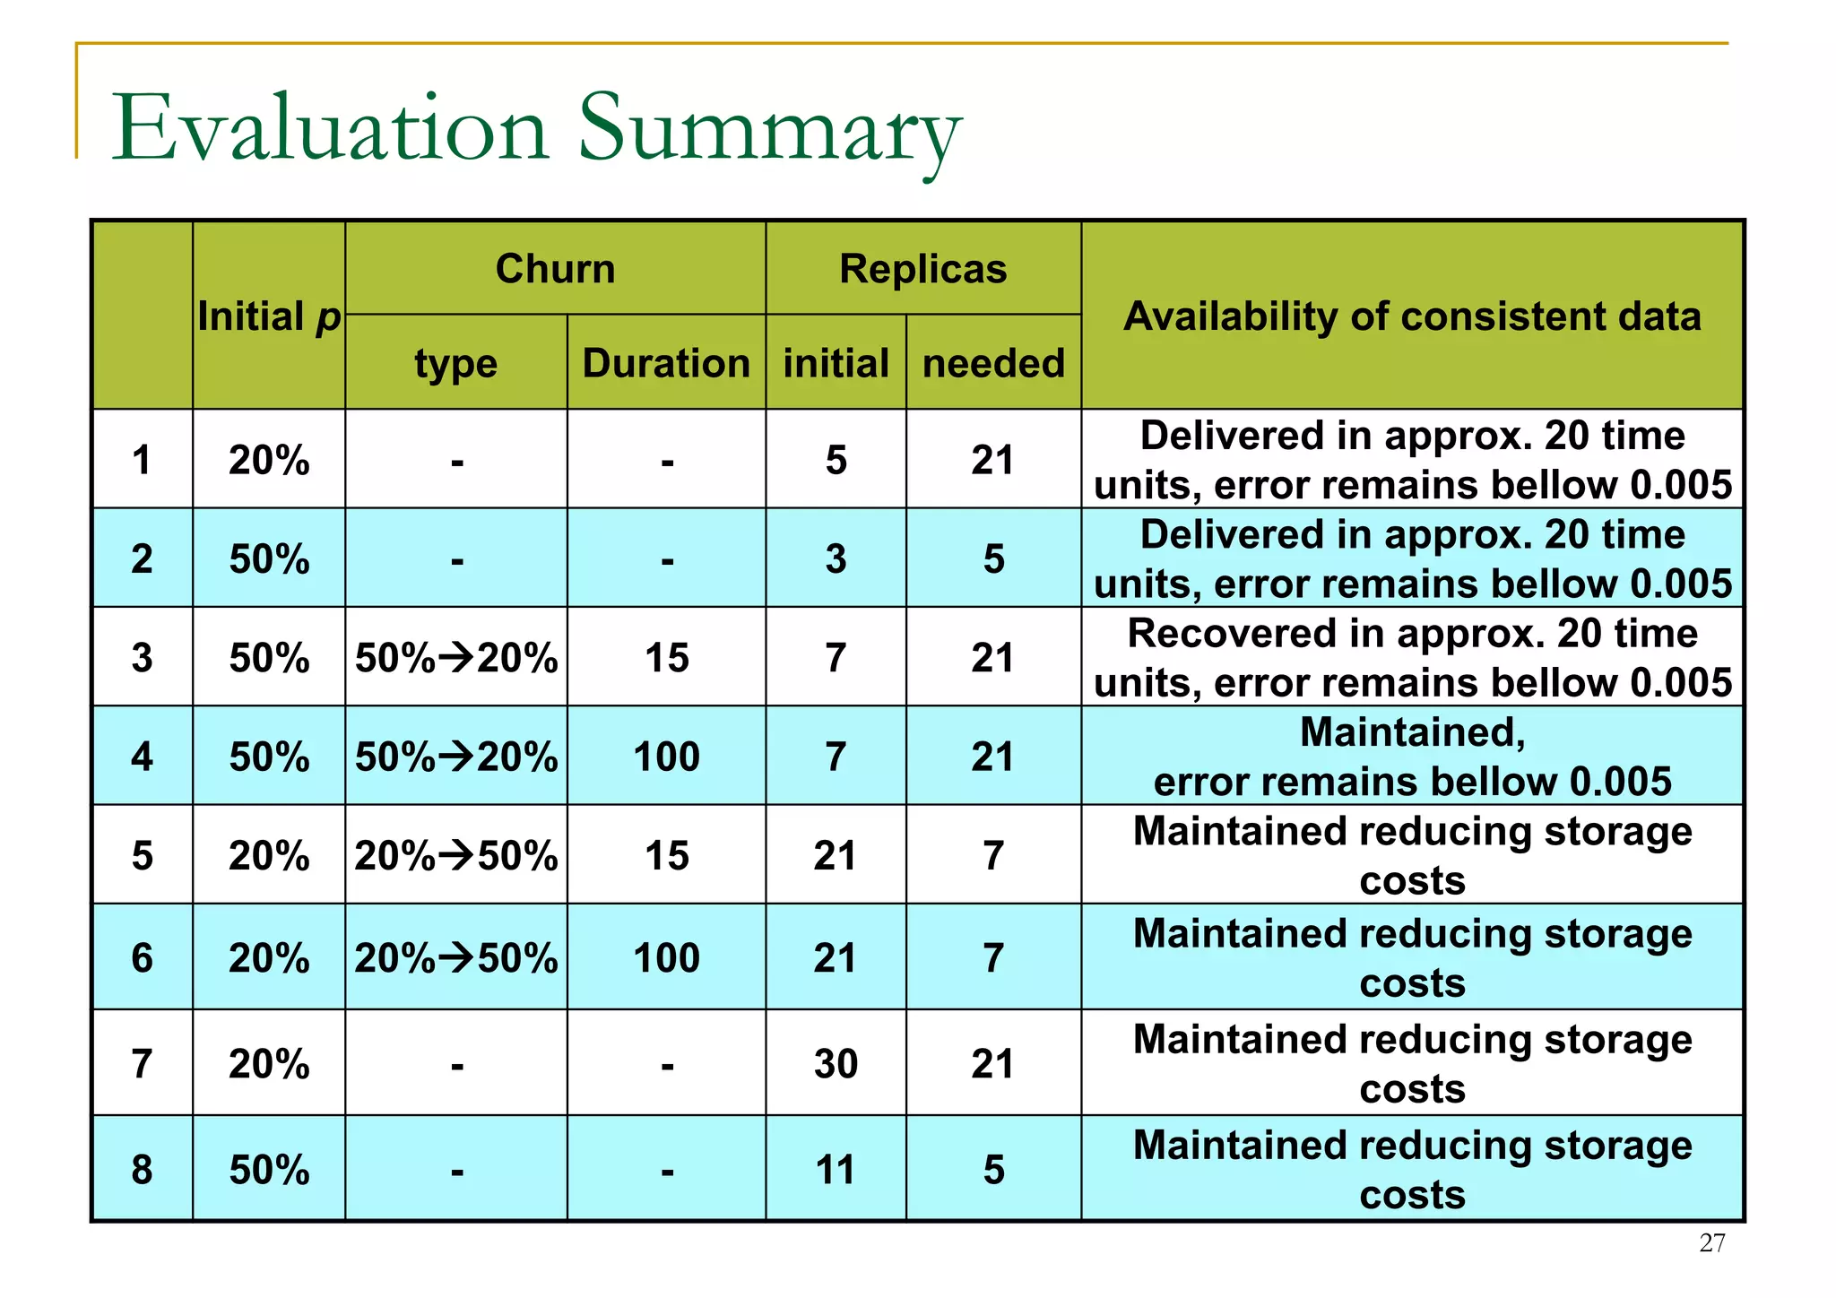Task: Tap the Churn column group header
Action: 555,269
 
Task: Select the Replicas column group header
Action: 922,269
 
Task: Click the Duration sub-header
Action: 666,363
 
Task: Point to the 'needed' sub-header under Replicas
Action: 993,363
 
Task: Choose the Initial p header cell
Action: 269,316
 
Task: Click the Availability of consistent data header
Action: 1412,316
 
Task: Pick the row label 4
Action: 142,757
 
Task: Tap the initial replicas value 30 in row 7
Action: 836,1064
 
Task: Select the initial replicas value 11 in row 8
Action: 836,1170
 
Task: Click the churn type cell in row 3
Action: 456,658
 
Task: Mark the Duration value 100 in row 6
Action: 666,958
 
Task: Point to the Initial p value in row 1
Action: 269,461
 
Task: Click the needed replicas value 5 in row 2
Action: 993,559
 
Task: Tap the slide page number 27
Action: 1711,1243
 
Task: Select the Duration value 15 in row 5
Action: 666,856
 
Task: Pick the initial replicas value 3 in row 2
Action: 836,559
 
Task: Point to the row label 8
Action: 142,1170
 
